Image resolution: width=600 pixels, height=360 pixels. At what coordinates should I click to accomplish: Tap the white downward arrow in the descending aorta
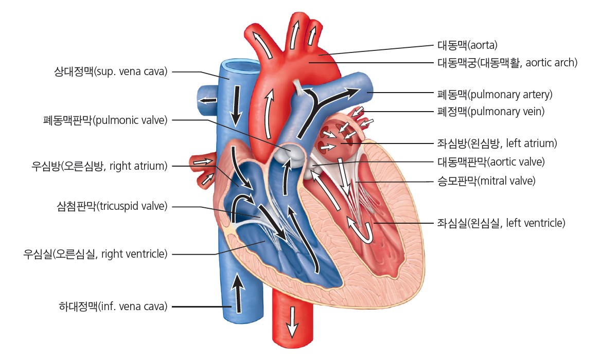pos(293,321)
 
